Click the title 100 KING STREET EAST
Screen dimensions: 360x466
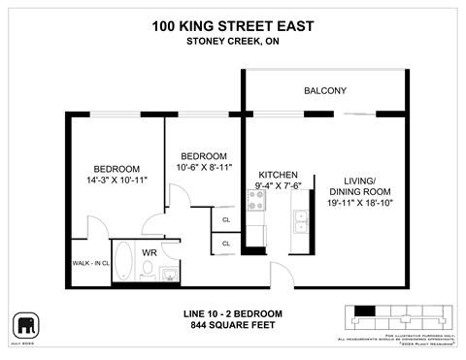pyautogui.click(x=232, y=26)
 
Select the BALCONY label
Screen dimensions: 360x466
pyautogui.click(x=325, y=90)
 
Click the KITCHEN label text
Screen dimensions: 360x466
pyautogui.click(x=277, y=175)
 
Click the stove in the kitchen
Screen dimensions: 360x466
pyautogui.click(x=257, y=201)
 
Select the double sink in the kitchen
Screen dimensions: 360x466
pyautogui.click(x=300, y=219)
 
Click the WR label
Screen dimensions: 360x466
pyautogui.click(x=150, y=252)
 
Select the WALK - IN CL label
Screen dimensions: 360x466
pyautogui.click(x=90, y=263)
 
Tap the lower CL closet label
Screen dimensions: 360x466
pyautogui.click(x=225, y=244)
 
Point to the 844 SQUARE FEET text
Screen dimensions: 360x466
pyautogui.click(x=232, y=325)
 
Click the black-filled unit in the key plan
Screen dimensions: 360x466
pyautogui.click(x=365, y=311)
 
